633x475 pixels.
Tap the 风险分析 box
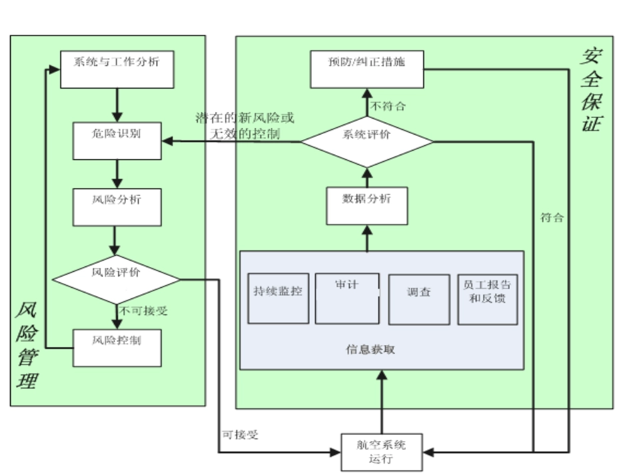pos(117,207)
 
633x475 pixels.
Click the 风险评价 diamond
pos(117,278)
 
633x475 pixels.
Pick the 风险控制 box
pos(117,346)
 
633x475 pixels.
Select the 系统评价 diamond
pos(367,141)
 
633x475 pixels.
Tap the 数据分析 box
pos(367,206)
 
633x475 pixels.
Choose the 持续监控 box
pos(278,298)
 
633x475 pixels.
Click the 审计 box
pos(347,298)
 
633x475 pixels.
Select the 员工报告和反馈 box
pos(488,298)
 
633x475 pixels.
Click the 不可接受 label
pos(143,311)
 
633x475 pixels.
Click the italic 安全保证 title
pos(590,90)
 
